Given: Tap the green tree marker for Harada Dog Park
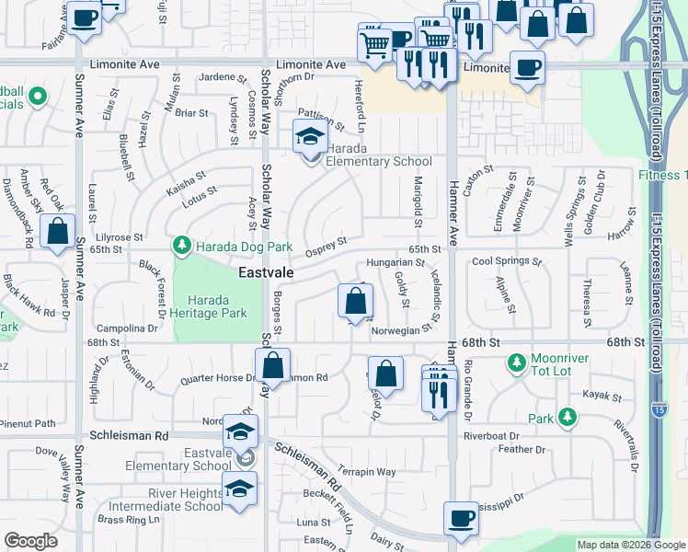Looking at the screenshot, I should point(182,246).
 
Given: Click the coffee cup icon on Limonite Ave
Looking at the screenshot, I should point(527,68).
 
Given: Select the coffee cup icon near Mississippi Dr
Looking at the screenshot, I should point(460,518).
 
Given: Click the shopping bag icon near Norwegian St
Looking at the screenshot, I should point(355,302).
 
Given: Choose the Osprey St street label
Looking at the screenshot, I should point(326,244).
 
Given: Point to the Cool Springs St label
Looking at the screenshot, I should point(507,261).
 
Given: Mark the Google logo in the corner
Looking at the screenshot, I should point(31,541).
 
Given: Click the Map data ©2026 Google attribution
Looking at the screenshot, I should point(630,545).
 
